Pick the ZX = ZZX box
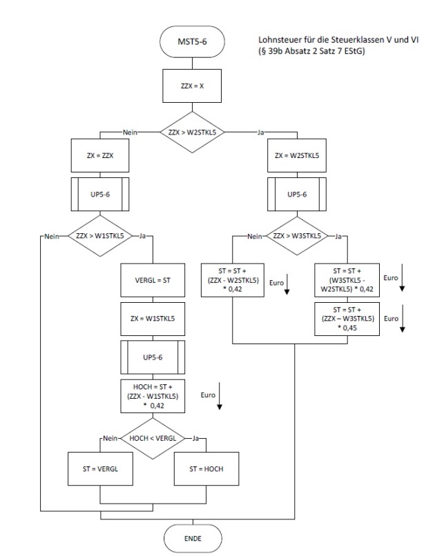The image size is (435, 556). click(100, 156)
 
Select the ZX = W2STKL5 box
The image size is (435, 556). click(296, 156)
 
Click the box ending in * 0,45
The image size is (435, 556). click(346, 319)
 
